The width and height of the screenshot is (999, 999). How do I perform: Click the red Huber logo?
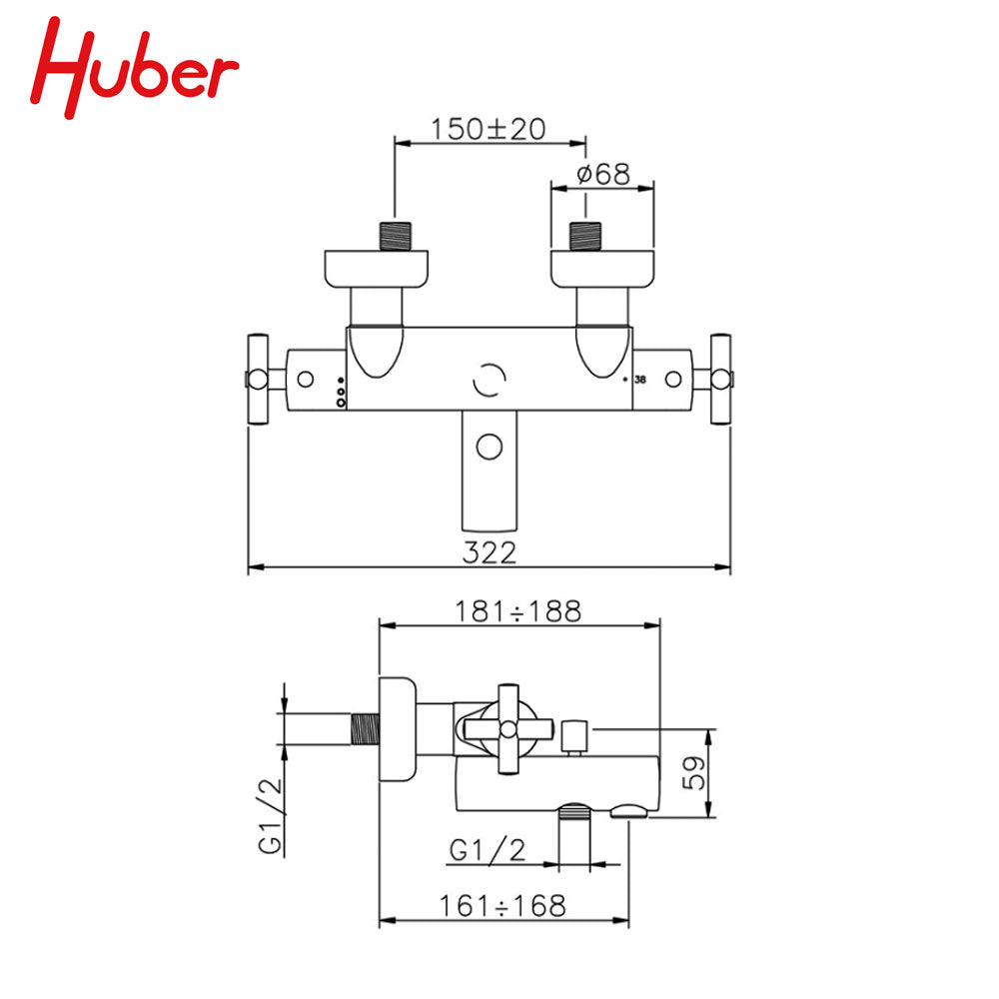pos(134,67)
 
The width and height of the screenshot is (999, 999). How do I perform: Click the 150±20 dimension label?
pos(489,129)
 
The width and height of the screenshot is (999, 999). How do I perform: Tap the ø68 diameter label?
pos(602,174)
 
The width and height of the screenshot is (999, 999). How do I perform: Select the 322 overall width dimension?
pos(489,552)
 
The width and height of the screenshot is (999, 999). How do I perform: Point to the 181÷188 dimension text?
pos(517,611)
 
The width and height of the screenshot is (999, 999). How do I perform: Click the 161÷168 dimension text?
pos(502,906)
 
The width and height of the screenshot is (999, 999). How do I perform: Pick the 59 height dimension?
pos(694,773)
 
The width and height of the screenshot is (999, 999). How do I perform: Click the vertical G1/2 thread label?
pos(270,816)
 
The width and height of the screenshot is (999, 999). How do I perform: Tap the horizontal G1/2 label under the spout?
pos(488,850)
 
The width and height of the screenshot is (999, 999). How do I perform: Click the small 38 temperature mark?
pos(640,379)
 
